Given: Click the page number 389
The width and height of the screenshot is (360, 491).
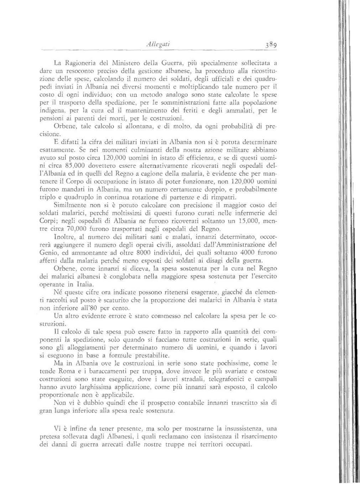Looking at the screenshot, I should coord(269,35).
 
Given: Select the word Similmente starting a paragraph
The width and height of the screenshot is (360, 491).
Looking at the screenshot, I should coord(69,206).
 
